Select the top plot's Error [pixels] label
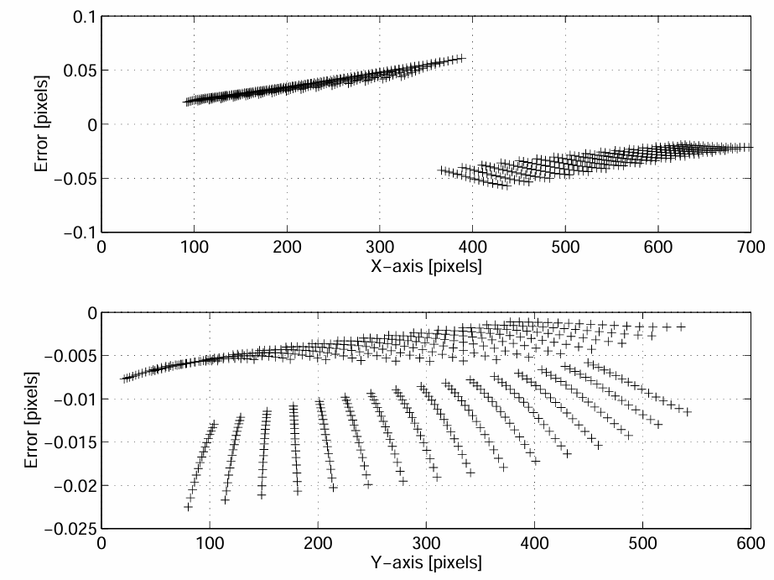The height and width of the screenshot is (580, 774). click(41, 123)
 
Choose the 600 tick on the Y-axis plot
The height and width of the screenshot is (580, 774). click(750, 543)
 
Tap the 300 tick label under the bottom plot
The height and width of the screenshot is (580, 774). click(426, 543)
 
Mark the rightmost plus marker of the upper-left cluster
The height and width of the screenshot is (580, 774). click(460, 58)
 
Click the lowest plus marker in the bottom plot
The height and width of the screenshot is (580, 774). click(189, 507)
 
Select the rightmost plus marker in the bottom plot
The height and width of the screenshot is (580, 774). click(688, 412)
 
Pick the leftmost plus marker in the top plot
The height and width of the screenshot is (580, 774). click(187, 102)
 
